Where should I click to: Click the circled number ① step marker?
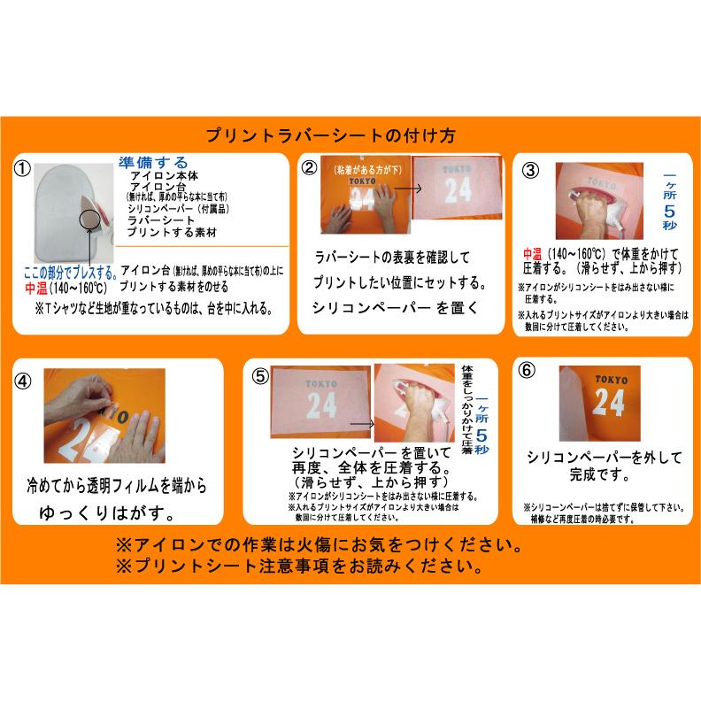point(23,168)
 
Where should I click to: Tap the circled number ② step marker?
point(309,167)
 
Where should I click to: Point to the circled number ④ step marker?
point(24,380)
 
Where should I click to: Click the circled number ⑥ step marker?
point(528,371)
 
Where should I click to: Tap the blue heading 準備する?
point(153,163)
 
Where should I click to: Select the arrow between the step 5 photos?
point(362,425)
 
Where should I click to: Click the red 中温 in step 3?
point(531,252)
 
